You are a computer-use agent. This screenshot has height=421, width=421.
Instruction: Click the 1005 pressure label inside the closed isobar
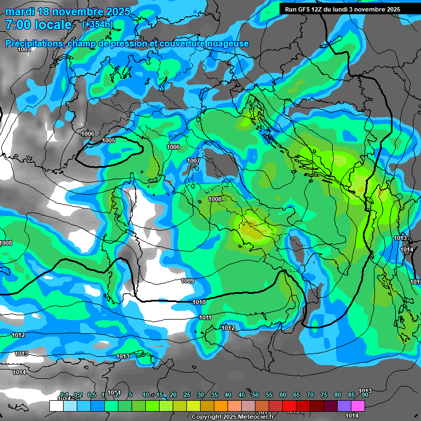(109, 141)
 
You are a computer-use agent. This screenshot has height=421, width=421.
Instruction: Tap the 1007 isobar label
(194, 161)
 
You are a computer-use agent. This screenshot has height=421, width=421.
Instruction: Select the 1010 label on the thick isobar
(199, 302)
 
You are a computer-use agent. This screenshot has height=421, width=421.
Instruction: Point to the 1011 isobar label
(205, 317)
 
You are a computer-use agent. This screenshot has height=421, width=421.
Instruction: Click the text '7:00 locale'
(38, 25)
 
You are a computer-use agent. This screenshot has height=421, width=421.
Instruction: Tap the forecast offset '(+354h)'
(97, 25)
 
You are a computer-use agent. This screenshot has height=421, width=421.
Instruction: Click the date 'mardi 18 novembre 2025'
(68, 12)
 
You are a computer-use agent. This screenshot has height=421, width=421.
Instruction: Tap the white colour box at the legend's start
(56, 406)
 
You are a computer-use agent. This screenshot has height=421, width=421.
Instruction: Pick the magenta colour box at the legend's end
(358, 406)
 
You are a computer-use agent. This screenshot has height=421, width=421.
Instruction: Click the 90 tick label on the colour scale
(365, 395)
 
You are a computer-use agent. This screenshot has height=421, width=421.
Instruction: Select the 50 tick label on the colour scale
(255, 395)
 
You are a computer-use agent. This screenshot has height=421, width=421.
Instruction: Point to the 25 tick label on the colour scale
(187, 395)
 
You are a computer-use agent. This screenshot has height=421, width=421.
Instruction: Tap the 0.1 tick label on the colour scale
(64, 395)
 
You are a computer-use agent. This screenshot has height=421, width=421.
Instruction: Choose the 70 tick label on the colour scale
(310, 395)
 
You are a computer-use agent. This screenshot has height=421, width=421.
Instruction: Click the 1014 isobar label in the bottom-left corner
(19, 372)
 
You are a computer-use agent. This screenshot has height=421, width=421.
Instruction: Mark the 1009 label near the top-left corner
(24, 50)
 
